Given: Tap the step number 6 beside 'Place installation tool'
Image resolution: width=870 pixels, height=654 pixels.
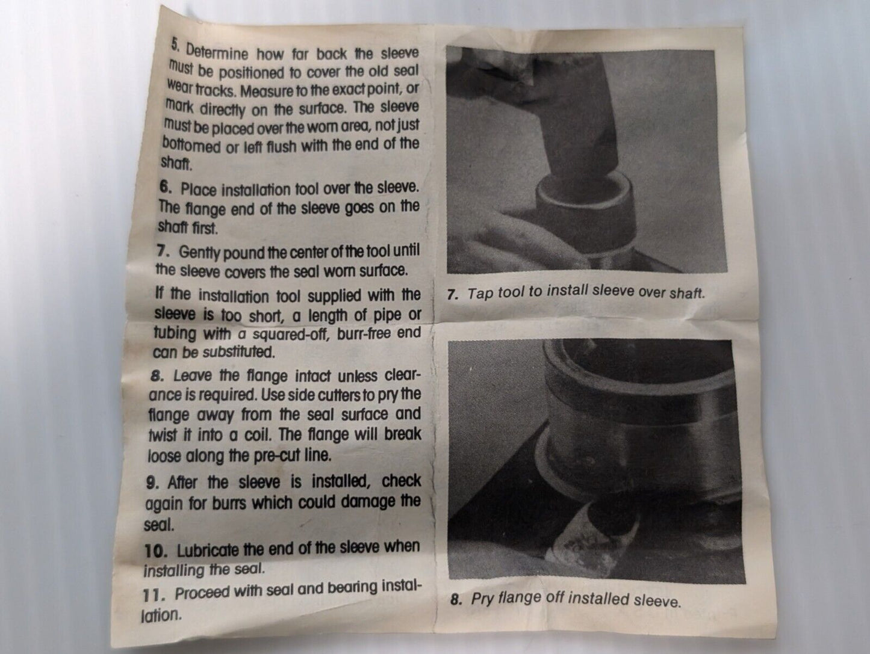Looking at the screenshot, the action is [166, 187].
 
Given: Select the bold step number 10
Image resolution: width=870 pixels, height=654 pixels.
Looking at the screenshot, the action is [156, 551].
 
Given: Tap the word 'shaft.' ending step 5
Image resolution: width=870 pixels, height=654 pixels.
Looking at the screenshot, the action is [176, 163].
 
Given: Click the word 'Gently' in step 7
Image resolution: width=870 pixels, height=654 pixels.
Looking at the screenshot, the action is [199, 253].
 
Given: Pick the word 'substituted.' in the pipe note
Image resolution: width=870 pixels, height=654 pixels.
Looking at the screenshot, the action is [238, 352].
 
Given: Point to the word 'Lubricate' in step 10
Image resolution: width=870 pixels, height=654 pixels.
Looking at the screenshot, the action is [207, 550].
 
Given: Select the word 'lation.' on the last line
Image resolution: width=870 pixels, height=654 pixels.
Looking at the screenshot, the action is [161, 615].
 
